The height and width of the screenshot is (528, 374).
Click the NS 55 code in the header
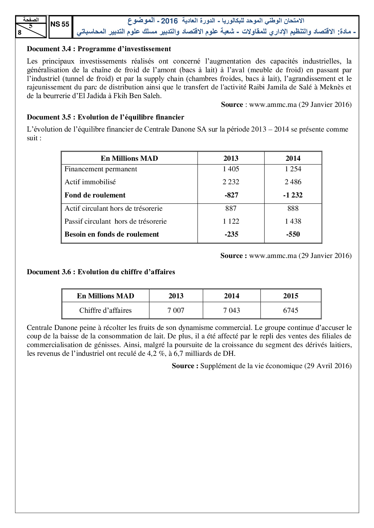(x=60, y=24)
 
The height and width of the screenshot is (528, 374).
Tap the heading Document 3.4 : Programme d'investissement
(x=99, y=49)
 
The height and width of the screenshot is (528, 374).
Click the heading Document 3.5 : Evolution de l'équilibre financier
(x=105, y=117)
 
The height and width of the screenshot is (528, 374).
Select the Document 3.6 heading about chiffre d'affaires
(x=101, y=272)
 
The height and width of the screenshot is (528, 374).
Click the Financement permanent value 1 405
(x=231, y=169)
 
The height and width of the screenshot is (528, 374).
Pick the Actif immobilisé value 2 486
(x=293, y=182)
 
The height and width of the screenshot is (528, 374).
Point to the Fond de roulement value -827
(x=231, y=195)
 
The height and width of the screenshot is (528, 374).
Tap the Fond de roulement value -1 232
(x=293, y=195)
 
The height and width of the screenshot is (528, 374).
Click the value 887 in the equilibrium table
(x=231, y=208)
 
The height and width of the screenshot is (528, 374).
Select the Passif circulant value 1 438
(x=293, y=221)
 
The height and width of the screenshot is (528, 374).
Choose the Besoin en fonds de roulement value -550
(x=293, y=234)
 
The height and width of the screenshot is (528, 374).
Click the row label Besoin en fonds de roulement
(x=112, y=234)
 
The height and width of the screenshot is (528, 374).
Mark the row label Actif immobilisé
(x=90, y=182)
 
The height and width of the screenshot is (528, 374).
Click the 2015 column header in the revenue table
(x=290, y=296)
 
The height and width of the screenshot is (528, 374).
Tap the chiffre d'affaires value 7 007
(x=176, y=310)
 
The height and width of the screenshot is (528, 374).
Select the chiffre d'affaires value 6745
(x=290, y=310)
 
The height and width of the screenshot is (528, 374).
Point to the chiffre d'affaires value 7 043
(x=231, y=310)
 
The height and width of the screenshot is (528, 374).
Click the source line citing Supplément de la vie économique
(x=261, y=366)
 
